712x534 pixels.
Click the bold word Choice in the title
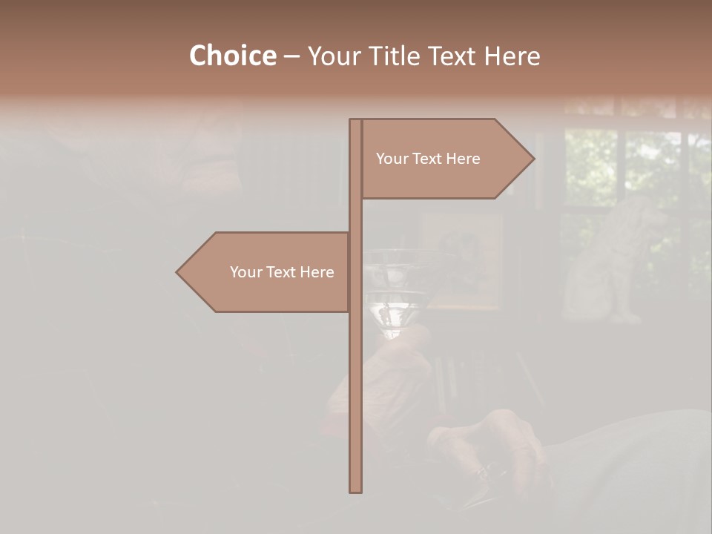[x=232, y=56]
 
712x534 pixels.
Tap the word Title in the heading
[x=395, y=56]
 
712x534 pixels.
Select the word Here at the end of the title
[x=512, y=56]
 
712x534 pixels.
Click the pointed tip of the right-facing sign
[x=533, y=158]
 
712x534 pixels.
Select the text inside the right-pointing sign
[x=428, y=159]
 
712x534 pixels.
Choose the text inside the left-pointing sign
[x=282, y=272]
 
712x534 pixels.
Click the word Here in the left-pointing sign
[x=317, y=272]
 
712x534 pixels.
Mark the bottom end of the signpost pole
[x=355, y=489]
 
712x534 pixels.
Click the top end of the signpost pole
[x=355, y=122]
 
